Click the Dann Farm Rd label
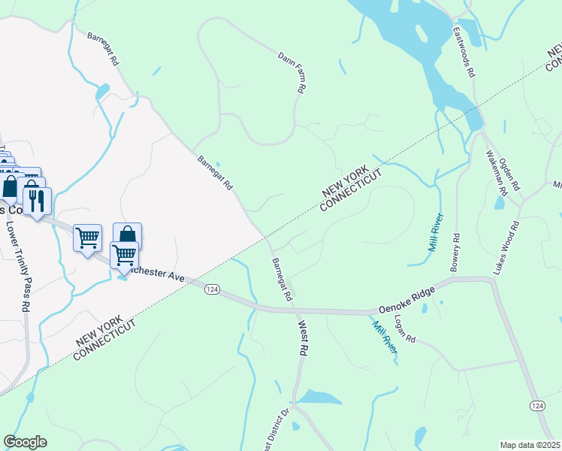[291, 72]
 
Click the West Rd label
[304, 339]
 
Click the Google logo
[25, 441]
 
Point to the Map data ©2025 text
[530, 445]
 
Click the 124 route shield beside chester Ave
[213, 289]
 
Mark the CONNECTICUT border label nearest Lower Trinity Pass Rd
[104, 341]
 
